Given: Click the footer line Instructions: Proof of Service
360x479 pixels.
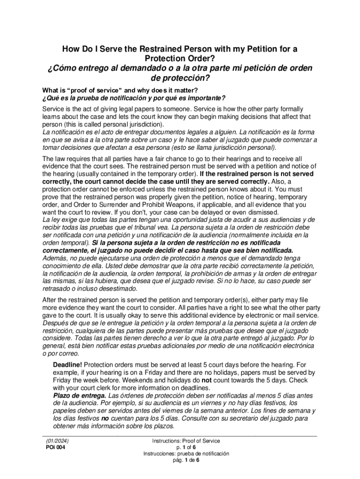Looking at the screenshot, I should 186,441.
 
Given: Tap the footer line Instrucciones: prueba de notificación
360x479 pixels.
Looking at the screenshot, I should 186,454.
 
